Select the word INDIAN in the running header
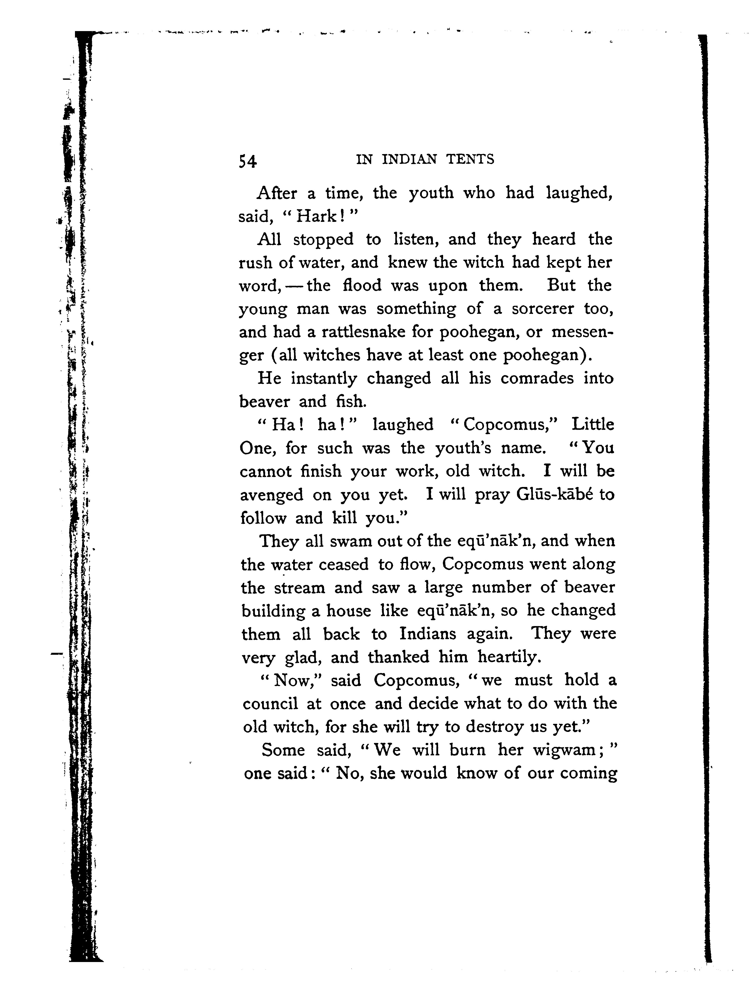pos(409,160)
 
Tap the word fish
pos(351,401)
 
